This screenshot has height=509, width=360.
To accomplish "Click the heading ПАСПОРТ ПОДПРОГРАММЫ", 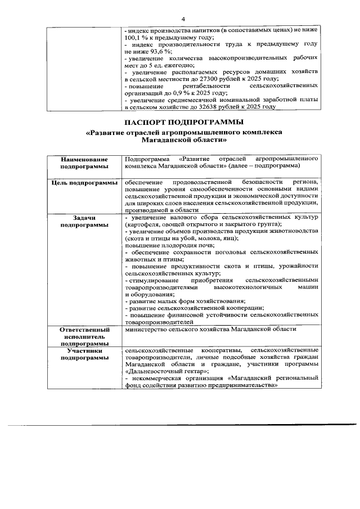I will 184,122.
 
